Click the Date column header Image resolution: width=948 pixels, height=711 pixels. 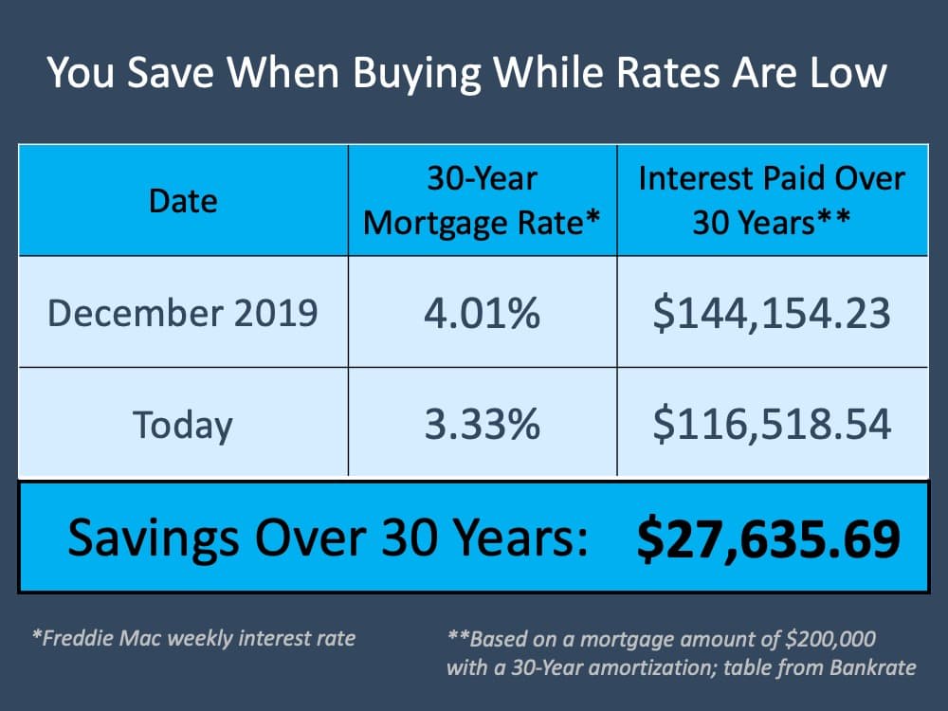point(183,200)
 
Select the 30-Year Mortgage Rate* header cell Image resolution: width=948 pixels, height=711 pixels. point(483,200)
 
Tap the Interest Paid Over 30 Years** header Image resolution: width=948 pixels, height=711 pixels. point(772,200)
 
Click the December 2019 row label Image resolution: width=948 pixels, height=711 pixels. point(183,312)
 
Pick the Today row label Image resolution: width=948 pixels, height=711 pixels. point(183,424)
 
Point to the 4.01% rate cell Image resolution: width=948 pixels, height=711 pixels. point(483,312)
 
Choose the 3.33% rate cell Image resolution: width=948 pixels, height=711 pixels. point(483,424)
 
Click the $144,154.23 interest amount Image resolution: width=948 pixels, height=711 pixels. point(772,312)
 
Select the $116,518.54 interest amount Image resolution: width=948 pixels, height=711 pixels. point(772,424)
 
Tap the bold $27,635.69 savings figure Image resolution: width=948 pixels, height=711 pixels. point(768,538)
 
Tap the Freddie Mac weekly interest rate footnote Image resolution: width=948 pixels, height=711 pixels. point(193,637)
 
